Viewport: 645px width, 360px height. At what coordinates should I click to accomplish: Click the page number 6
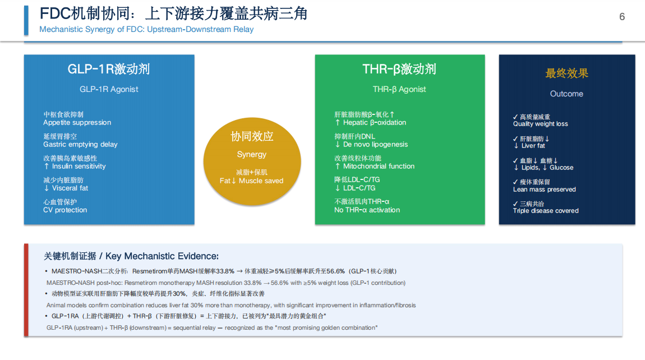pyautogui.click(x=622, y=17)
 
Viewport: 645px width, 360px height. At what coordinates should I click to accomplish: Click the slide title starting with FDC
pyautogui.click(x=173, y=13)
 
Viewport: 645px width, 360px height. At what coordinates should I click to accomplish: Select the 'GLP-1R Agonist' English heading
pyautogui.click(x=109, y=89)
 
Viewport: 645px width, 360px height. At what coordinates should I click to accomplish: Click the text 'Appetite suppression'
pyautogui.click(x=77, y=123)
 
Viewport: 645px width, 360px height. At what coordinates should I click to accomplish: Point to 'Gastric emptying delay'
pyautogui.click(x=80, y=145)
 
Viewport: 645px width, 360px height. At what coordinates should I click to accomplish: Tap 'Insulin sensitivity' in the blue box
pyautogui.click(x=79, y=166)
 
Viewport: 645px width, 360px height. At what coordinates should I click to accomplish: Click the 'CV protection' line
pyautogui.click(x=65, y=210)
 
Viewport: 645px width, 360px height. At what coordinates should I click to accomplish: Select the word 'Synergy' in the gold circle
pyautogui.click(x=252, y=155)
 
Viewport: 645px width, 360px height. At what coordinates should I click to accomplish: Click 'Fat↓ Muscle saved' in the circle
pyautogui.click(x=252, y=181)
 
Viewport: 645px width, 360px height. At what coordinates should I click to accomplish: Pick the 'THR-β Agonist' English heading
pyautogui.click(x=399, y=89)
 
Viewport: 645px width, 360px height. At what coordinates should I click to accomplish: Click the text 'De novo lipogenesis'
pyautogui.click(x=376, y=145)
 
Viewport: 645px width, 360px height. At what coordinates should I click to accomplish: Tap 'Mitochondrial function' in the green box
pyautogui.click(x=379, y=166)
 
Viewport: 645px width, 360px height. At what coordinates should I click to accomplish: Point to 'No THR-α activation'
pyautogui.click(x=367, y=210)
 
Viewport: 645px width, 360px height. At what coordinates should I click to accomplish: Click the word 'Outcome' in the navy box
pyautogui.click(x=566, y=94)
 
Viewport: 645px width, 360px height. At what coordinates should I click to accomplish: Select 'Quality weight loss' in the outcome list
pyautogui.click(x=540, y=124)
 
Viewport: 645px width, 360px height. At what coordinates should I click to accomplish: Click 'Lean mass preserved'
pyautogui.click(x=544, y=190)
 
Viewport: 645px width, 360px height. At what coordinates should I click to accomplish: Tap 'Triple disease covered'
pyautogui.click(x=546, y=211)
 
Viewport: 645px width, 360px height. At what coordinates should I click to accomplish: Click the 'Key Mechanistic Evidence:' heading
pyautogui.click(x=162, y=256)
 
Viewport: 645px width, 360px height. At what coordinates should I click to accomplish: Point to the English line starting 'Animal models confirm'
pyautogui.click(x=231, y=305)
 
